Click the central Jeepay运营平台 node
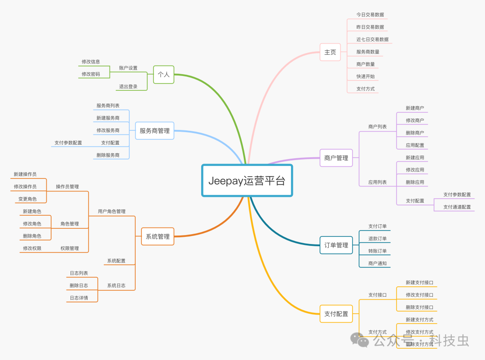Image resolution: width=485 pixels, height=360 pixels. tap(247, 180)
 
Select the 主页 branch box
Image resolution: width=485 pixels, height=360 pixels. tap(330, 52)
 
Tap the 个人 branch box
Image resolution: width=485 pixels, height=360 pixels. tap(163, 74)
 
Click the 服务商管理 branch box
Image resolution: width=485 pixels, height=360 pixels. tap(154, 131)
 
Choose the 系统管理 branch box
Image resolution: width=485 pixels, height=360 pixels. tap(158, 236)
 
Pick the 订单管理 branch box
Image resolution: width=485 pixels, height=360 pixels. tap(336, 245)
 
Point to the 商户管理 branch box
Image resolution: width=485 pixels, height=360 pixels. tap(336, 158)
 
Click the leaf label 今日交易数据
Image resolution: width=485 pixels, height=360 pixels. tap(370, 15)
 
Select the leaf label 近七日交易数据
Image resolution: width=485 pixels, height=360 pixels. tap(372, 40)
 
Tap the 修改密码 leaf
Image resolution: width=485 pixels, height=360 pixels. tap(91, 74)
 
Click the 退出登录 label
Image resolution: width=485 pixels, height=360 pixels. tap(128, 87)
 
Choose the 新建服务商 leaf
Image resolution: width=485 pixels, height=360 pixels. tap(108, 118)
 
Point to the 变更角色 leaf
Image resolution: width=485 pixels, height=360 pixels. tap(27, 199)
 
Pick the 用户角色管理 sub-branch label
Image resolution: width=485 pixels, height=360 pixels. tap(112, 211)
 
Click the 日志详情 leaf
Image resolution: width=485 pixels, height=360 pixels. tap(79, 298)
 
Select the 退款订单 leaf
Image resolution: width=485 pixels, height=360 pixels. tap(377, 239)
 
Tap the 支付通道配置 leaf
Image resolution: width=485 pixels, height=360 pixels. tap(457, 207)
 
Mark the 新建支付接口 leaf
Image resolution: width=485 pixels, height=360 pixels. tap(419, 283)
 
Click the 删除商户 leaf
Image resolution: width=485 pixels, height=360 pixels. tap(414, 133)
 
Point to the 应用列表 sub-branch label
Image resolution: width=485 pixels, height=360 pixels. tap(377, 182)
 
